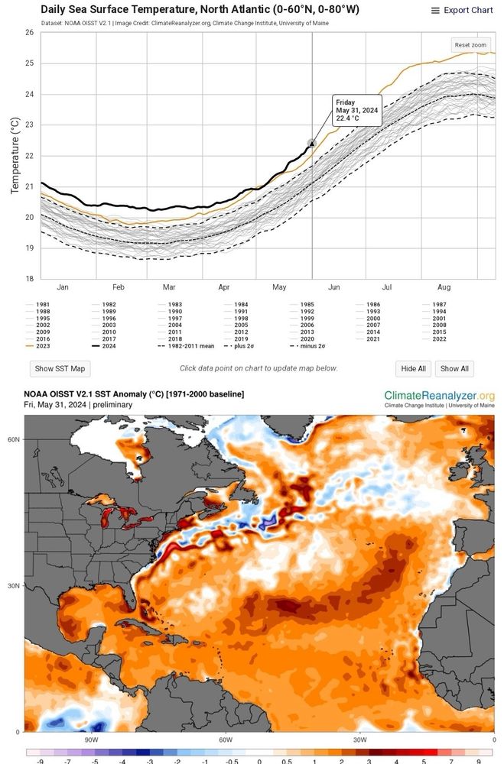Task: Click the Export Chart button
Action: click(462, 11)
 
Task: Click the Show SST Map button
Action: click(60, 368)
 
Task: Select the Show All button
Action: click(454, 368)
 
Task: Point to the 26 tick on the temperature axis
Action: click(28, 33)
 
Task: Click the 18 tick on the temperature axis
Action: click(28, 279)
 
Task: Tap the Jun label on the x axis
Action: click(333, 287)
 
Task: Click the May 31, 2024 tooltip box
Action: click(356, 111)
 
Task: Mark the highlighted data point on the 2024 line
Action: click(311, 143)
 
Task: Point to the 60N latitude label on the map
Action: click(13, 439)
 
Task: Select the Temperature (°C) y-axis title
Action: click(15, 156)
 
